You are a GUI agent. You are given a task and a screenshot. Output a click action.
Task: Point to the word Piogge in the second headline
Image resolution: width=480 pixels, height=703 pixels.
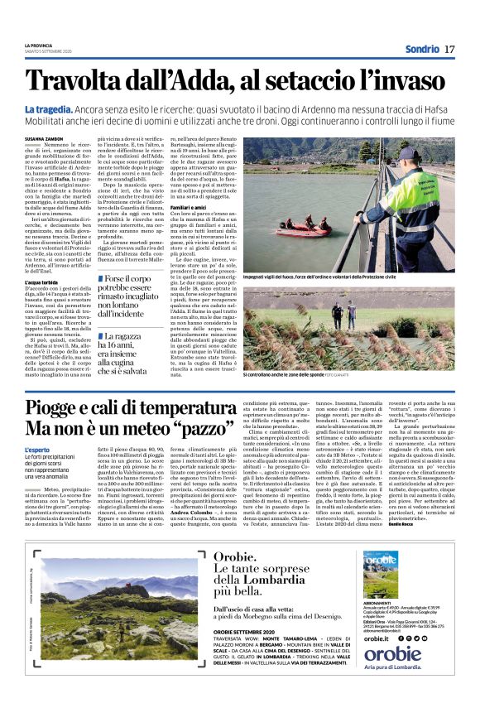[55, 407]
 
